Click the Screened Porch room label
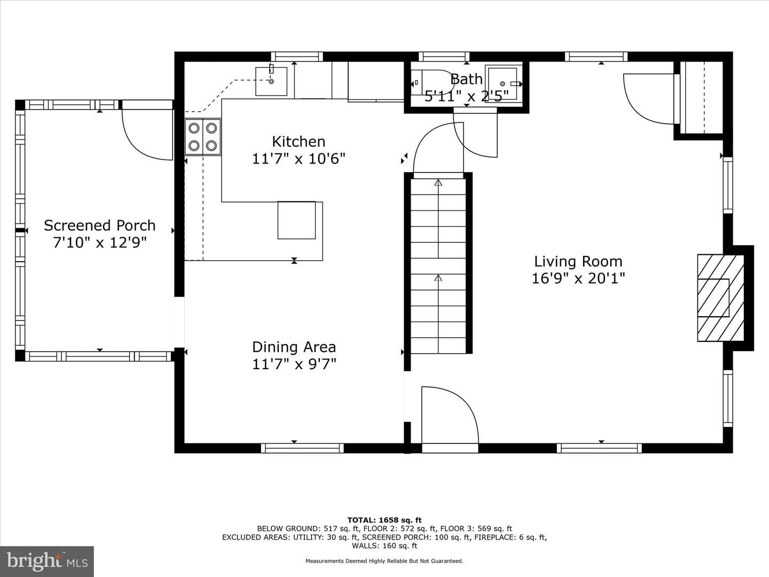tap(99, 225)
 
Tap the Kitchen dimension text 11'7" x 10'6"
tap(299, 159)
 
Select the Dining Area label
tap(294, 347)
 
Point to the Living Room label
tap(578, 261)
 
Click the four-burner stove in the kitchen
tap(203, 137)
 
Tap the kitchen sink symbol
tap(271, 81)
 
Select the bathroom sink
tap(503, 83)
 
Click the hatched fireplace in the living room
tap(720, 298)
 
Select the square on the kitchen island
tap(296, 220)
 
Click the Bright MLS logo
tap(47, 561)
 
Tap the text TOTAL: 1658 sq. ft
tap(384, 520)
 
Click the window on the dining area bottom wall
tap(302, 448)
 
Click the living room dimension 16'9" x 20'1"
tap(578, 278)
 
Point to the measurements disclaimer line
tap(384, 561)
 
